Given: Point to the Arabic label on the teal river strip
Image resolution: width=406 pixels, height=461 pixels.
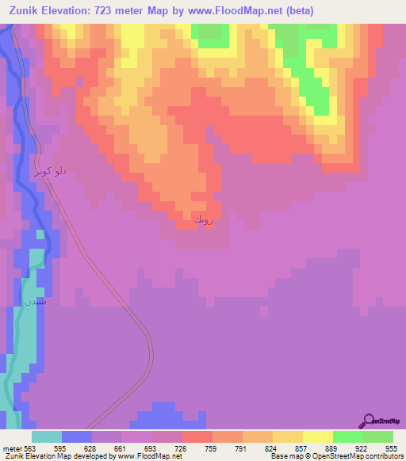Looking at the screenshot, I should [x=34, y=301].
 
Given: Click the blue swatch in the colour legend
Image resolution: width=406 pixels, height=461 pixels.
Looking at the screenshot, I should [x=76, y=436].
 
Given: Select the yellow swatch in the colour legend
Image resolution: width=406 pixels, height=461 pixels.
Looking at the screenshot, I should [x=287, y=436].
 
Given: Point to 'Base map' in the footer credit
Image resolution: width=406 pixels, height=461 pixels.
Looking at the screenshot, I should [x=285, y=456].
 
